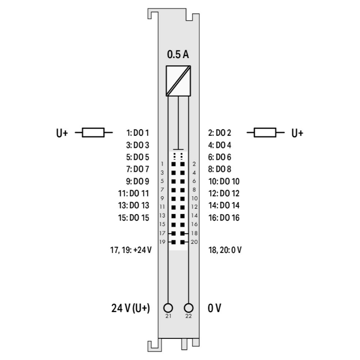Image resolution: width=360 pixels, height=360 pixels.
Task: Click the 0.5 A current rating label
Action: pos(178,55)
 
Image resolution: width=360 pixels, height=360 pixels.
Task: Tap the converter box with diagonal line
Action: pos(178,81)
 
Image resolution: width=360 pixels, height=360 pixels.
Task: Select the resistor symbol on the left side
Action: pos(93,132)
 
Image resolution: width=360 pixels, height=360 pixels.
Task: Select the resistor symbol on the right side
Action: pos(265,132)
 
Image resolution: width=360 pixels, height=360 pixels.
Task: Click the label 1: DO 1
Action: pos(138,132)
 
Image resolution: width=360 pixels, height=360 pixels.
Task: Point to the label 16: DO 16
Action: pos(224,217)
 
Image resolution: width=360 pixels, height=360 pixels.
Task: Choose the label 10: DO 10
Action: pos(224,181)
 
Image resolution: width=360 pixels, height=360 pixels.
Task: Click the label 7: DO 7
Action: pos(138,169)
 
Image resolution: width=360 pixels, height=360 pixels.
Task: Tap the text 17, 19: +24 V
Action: pos(131,250)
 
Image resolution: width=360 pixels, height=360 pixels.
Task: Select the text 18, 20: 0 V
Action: pos(225,250)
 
